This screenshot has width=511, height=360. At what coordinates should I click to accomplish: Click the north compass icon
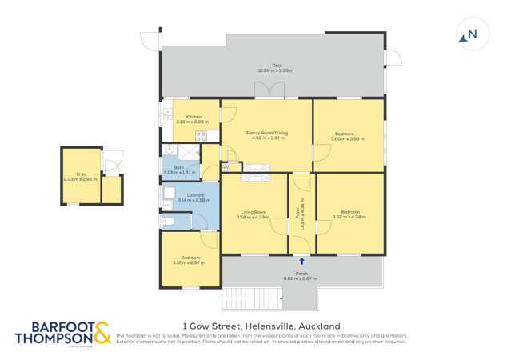pyautogui.click(x=469, y=34)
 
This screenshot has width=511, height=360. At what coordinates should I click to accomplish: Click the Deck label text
pyautogui.click(x=276, y=66)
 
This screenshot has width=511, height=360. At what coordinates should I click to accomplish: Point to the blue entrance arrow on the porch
pyautogui.click(x=301, y=260)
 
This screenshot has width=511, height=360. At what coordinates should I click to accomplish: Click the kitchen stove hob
pyautogui.click(x=201, y=136)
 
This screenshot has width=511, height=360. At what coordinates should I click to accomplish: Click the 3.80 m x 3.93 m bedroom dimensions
pyautogui.click(x=347, y=139)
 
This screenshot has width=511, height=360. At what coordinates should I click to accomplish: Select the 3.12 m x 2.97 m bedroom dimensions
pyautogui.click(x=190, y=261)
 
